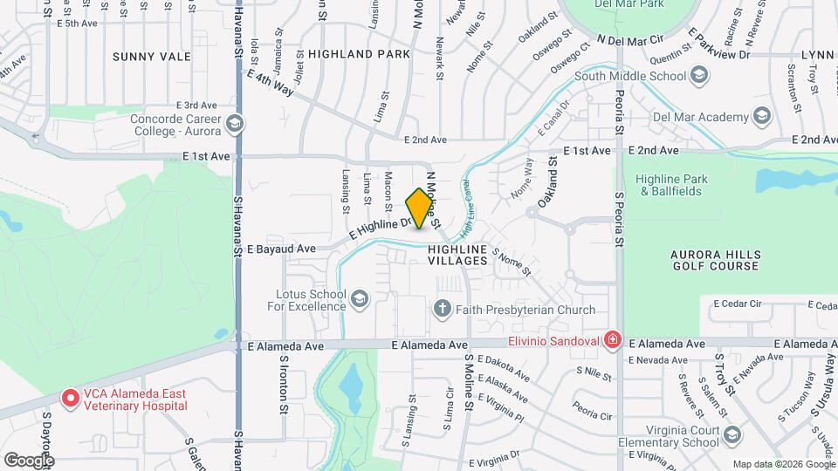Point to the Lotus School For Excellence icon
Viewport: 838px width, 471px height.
pyautogui.click(x=358, y=300)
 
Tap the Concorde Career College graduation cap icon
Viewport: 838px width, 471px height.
pyautogui.click(x=233, y=125)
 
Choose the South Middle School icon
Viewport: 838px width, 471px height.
pyautogui.click(x=698, y=76)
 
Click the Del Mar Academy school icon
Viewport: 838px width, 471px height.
pyautogui.click(x=761, y=117)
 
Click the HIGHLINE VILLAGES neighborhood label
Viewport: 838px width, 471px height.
pyautogui.click(x=457, y=255)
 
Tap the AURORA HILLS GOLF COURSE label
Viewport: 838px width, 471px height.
pyautogui.click(x=715, y=260)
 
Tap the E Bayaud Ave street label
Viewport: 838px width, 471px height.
pyautogui.click(x=281, y=249)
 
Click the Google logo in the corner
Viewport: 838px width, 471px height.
pyautogui.click(x=29, y=460)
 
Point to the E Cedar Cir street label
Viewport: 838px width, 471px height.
pyautogui.click(x=738, y=304)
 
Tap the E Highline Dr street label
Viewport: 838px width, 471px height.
pyautogui.click(x=380, y=229)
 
